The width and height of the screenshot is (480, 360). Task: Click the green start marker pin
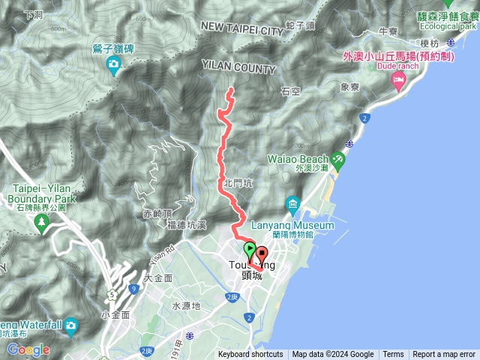(x=249, y=250)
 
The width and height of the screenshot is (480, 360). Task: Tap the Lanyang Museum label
(x=304, y=226)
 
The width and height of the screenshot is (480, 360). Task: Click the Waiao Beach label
(x=298, y=159)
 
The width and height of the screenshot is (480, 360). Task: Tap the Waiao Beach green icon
(x=339, y=159)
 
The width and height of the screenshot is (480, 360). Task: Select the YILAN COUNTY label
(x=238, y=68)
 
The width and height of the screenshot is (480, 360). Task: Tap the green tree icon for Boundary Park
(x=43, y=221)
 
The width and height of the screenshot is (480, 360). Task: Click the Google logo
(x=28, y=349)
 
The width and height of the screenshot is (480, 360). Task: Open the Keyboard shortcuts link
(x=250, y=355)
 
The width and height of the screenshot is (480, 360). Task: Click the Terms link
(x=393, y=355)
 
